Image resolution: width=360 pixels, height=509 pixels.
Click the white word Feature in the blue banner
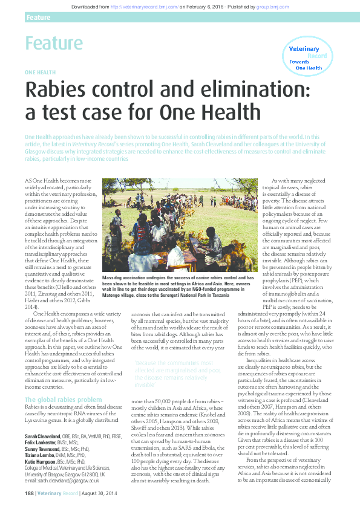point(38,18)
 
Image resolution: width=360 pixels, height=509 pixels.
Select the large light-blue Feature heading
point(54,43)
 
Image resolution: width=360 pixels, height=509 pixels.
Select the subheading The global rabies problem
point(63,400)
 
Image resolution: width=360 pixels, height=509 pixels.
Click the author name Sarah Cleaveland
point(43,436)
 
